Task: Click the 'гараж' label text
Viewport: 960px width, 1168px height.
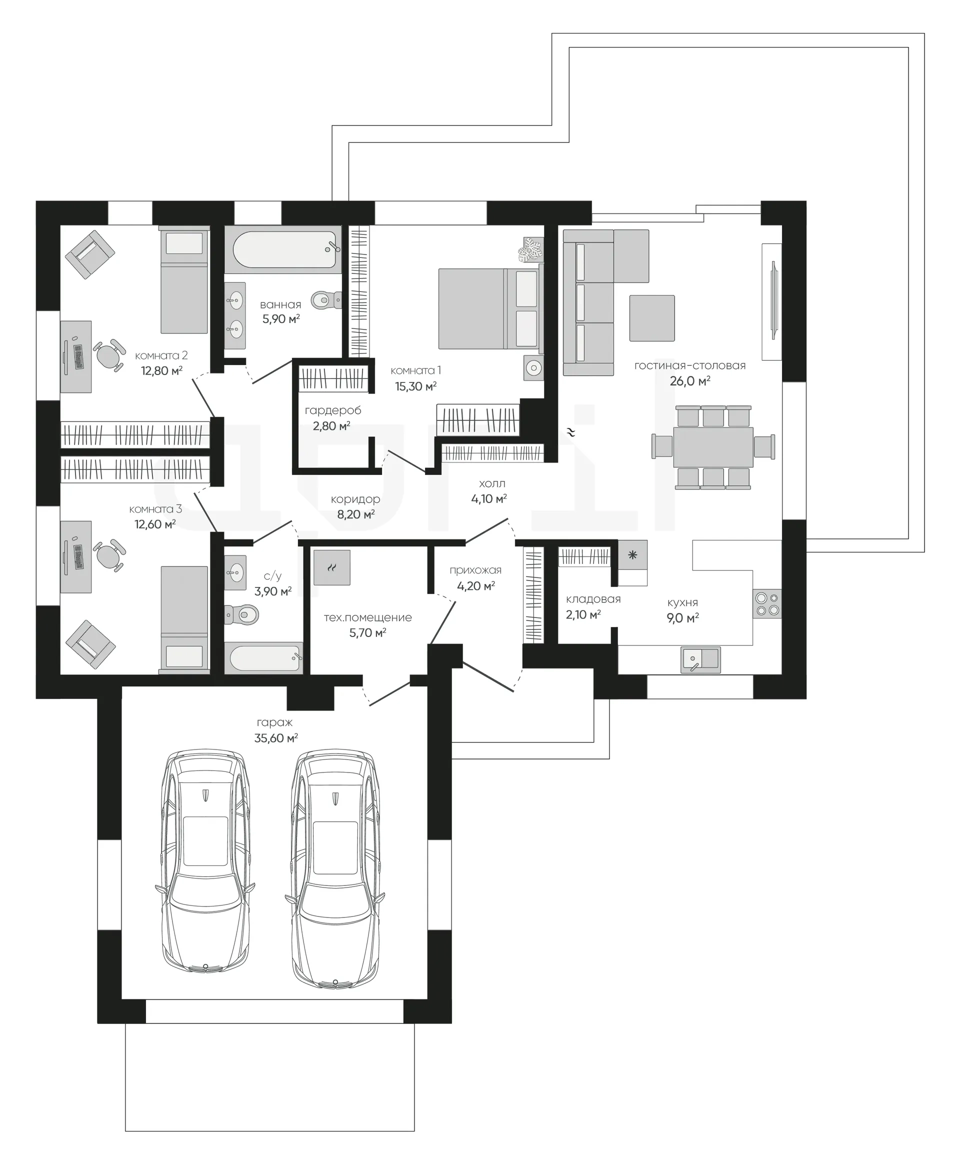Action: coord(274,722)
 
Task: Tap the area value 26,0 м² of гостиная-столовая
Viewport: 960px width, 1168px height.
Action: coord(689,380)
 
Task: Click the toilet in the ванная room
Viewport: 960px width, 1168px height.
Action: coord(325,300)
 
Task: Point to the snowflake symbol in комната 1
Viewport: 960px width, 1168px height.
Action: coord(531,250)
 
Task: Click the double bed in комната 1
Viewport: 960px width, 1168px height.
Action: coord(490,309)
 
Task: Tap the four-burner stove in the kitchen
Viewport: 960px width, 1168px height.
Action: coord(767,603)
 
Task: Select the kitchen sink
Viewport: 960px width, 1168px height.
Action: coord(700,660)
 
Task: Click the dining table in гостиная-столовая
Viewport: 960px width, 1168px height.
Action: coord(713,447)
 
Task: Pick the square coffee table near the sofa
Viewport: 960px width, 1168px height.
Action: coord(652,318)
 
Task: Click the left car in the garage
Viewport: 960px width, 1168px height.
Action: coord(205,869)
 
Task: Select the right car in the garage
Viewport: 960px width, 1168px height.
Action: coord(335,869)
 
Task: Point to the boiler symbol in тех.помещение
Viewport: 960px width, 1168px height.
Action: coord(332,567)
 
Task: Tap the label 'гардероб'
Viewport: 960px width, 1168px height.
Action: coord(333,410)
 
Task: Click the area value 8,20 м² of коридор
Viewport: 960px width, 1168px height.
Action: coord(356,514)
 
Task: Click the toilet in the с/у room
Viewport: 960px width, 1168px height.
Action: coord(241,614)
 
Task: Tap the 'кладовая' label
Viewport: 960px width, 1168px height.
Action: coord(593,599)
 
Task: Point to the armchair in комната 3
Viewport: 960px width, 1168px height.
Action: coord(90,645)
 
